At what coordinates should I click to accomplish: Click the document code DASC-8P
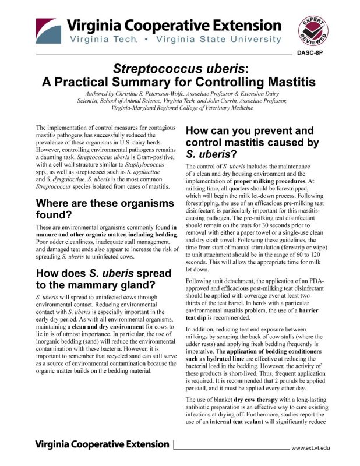[x=315, y=54]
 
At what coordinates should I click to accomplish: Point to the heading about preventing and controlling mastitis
[x=252, y=142]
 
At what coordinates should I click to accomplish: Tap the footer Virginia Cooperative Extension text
[x=103, y=444]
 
